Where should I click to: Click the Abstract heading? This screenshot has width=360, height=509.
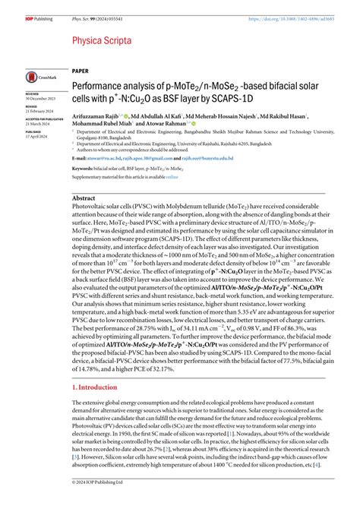tap(83, 197)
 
